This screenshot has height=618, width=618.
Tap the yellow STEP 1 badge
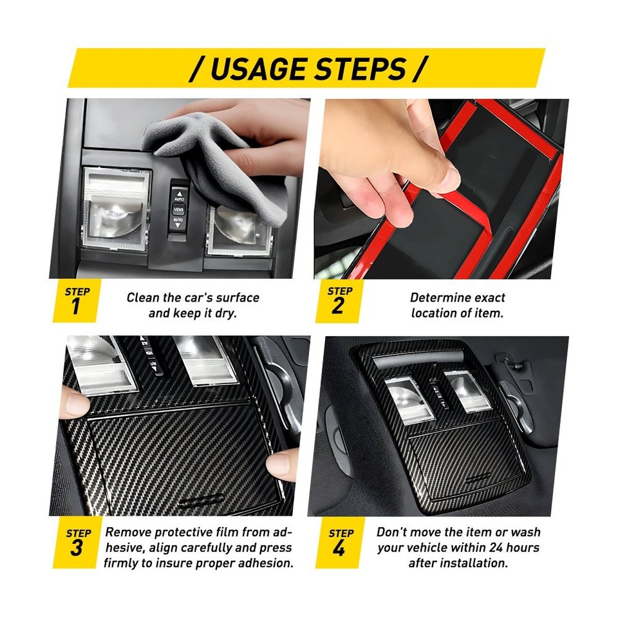click(x=77, y=301)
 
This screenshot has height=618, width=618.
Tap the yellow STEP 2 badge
click(x=339, y=301)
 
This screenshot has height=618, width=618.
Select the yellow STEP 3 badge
click(x=77, y=542)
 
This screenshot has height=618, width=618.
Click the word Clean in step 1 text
click(x=143, y=297)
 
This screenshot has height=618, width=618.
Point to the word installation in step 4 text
click(x=474, y=563)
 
